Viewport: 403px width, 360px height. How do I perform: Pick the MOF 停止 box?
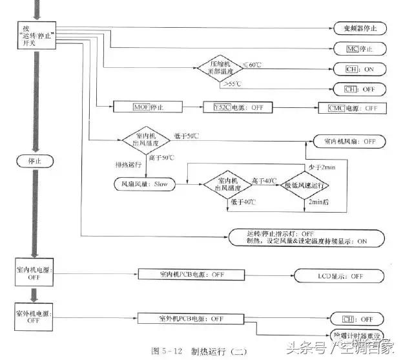[x=141, y=107]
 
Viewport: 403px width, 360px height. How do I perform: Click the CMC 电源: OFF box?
[x=353, y=107]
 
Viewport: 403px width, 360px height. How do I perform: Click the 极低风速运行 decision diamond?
[x=304, y=185]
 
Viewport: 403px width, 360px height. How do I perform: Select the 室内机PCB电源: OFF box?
[x=191, y=274]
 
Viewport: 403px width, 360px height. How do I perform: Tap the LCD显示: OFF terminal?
[x=340, y=275]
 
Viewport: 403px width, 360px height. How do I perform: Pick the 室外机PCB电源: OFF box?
[x=191, y=318]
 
